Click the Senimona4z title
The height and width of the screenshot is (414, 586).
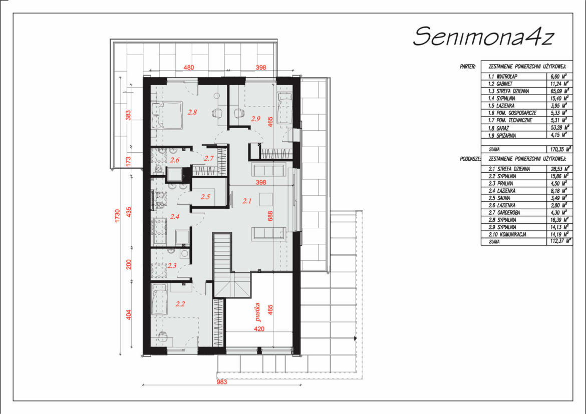pyautogui.click(x=483, y=37)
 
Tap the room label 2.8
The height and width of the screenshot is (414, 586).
pyautogui.click(x=192, y=112)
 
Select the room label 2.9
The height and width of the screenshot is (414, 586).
pyautogui.click(x=255, y=119)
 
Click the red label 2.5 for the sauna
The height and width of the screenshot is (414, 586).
pyautogui.click(x=205, y=197)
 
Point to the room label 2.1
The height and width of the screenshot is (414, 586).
pyautogui.click(x=246, y=201)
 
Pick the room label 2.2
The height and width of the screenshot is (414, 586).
pyautogui.click(x=180, y=304)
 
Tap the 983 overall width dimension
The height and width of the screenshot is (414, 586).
pyautogui.click(x=222, y=382)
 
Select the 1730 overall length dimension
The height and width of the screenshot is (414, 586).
pyautogui.click(x=117, y=216)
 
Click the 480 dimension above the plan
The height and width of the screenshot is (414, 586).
pyautogui.click(x=189, y=68)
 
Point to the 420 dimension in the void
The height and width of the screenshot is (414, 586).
pyautogui.click(x=259, y=329)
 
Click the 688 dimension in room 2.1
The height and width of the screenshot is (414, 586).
pyautogui.click(x=270, y=216)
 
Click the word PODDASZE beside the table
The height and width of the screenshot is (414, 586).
pyautogui.click(x=470, y=159)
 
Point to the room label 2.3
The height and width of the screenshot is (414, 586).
pyautogui.click(x=172, y=266)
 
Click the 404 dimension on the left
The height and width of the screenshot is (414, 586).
pyautogui.click(x=129, y=314)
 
